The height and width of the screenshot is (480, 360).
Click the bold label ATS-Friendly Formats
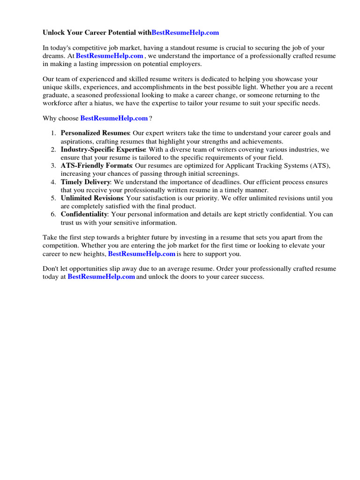96,165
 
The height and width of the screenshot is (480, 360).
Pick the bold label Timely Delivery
85,182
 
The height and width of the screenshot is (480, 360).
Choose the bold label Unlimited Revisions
92,198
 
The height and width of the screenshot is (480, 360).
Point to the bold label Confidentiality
84,214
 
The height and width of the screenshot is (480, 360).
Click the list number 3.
53,165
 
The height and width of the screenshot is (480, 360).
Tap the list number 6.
53,214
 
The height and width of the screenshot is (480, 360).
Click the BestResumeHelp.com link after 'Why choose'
114,118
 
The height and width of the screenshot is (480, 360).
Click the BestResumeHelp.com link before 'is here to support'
142,254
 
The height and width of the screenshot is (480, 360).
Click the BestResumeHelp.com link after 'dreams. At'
109,56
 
